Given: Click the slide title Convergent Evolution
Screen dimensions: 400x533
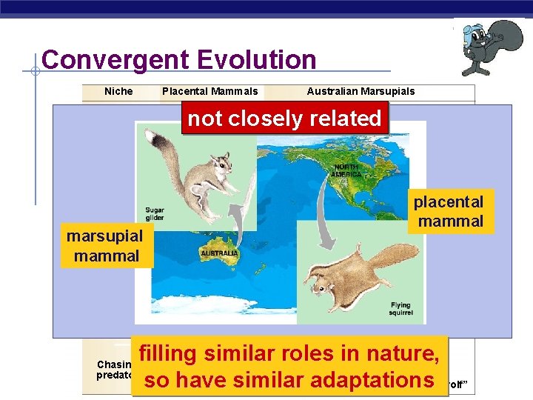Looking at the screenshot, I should tap(178, 60).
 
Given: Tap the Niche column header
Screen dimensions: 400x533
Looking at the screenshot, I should tap(118, 91).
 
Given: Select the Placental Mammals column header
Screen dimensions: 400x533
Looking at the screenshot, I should tap(209, 91).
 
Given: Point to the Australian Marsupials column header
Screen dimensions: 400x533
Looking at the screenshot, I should tap(361, 91).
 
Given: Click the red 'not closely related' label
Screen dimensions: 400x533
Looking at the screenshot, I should tap(284, 119).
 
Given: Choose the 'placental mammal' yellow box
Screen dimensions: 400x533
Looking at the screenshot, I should tap(450, 211).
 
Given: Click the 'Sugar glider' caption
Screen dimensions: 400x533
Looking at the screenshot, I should tap(155, 214).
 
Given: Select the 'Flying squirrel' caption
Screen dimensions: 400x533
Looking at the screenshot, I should tap(400, 309).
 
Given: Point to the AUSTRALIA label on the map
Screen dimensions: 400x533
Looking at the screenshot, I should tap(219, 253).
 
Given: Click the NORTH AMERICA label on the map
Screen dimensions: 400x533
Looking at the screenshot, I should tap(346, 170).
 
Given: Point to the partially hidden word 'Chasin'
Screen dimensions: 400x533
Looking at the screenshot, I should tap(113, 364).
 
